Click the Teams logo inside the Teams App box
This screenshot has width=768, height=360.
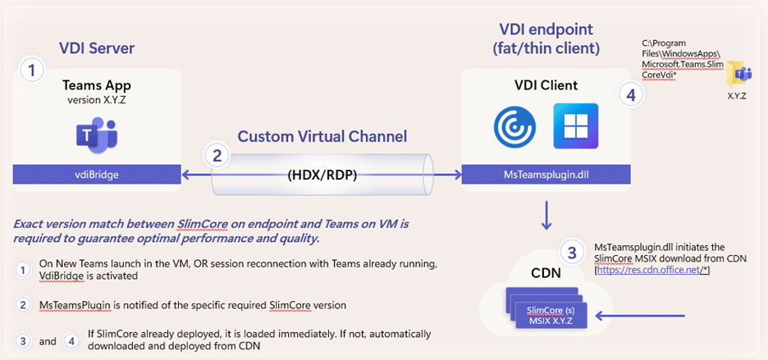[98, 134]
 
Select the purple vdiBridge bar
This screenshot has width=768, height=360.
[98, 174]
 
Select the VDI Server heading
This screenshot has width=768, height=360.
[97, 48]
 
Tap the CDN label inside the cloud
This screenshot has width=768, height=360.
[539, 271]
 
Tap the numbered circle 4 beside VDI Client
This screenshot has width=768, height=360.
[629, 95]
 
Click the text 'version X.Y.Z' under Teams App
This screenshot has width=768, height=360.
[98, 100]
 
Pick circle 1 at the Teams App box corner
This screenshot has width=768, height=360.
[30, 71]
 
